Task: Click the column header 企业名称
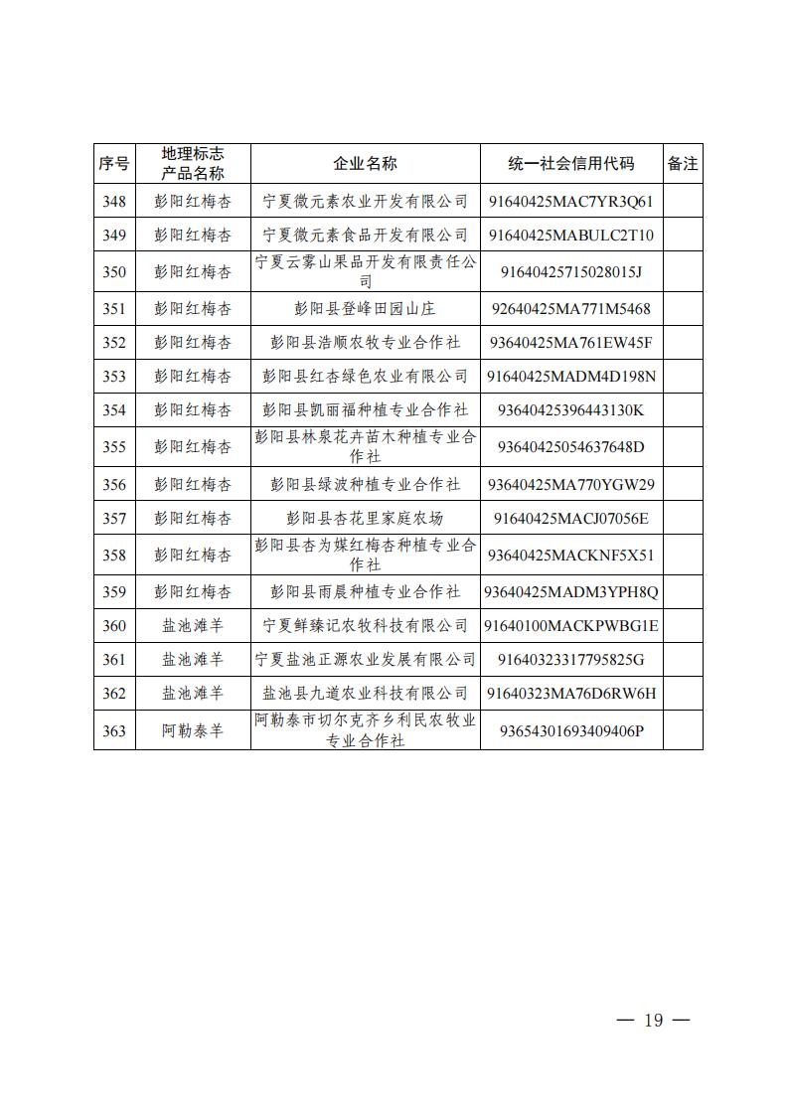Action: tap(365, 164)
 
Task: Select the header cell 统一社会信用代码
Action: tap(570, 164)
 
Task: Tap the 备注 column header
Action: tap(683, 164)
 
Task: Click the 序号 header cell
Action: tap(114, 164)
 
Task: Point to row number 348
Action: tap(114, 202)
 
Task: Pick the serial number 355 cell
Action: tap(114, 447)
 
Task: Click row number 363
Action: tap(114, 730)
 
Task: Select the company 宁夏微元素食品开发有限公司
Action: tap(365, 236)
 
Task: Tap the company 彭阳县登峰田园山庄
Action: tap(365, 309)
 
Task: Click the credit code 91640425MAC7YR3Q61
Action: tap(570, 202)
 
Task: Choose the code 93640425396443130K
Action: tap(570, 410)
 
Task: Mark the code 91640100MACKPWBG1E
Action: tap(570, 626)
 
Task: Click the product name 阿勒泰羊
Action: tap(193, 730)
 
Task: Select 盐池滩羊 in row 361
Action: tap(193, 659)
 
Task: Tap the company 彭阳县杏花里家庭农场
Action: tap(365, 518)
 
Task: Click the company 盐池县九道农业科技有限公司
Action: tap(365, 693)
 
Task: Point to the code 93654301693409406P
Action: tap(570, 730)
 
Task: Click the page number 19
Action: tap(653, 1021)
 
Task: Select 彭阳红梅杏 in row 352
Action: tap(193, 343)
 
